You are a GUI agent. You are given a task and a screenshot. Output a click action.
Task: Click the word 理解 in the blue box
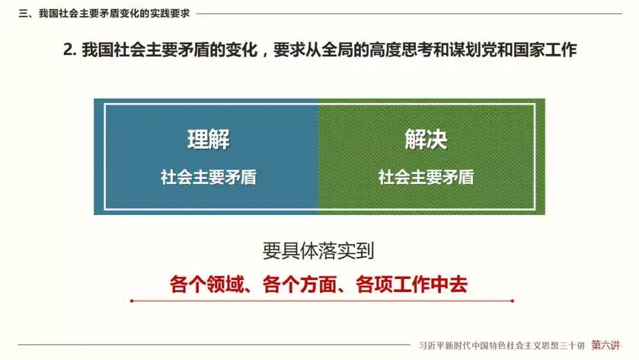pyautogui.click(x=208, y=139)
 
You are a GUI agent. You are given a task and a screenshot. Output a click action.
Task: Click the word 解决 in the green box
pyautogui.click(x=426, y=139)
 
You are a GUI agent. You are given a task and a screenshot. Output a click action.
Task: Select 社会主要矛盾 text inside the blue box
pyautogui.click(x=208, y=178)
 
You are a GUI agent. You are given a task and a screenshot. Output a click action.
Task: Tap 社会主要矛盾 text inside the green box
pyautogui.click(x=426, y=178)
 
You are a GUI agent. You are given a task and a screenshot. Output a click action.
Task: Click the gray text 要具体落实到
pyautogui.click(x=318, y=250)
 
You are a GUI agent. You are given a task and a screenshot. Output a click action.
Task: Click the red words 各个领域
pyautogui.click(x=206, y=284)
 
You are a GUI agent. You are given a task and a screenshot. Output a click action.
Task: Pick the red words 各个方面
pyautogui.click(x=299, y=284)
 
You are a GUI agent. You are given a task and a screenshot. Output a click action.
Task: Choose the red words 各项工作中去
pyautogui.click(x=412, y=284)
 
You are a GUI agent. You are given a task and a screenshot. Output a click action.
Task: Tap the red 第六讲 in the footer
pyautogui.click(x=606, y=345)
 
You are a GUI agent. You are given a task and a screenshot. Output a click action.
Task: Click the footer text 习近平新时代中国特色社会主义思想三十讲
pyautogui.click(x=502, y=346)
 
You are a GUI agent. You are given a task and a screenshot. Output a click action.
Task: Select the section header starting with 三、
pyautogui.click(x=104, y=14)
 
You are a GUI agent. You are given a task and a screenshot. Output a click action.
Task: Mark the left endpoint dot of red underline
pyautogui.click(x=131, y=301)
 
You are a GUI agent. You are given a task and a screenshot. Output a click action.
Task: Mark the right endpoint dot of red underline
pyautogui.click(x=512, y=301)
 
